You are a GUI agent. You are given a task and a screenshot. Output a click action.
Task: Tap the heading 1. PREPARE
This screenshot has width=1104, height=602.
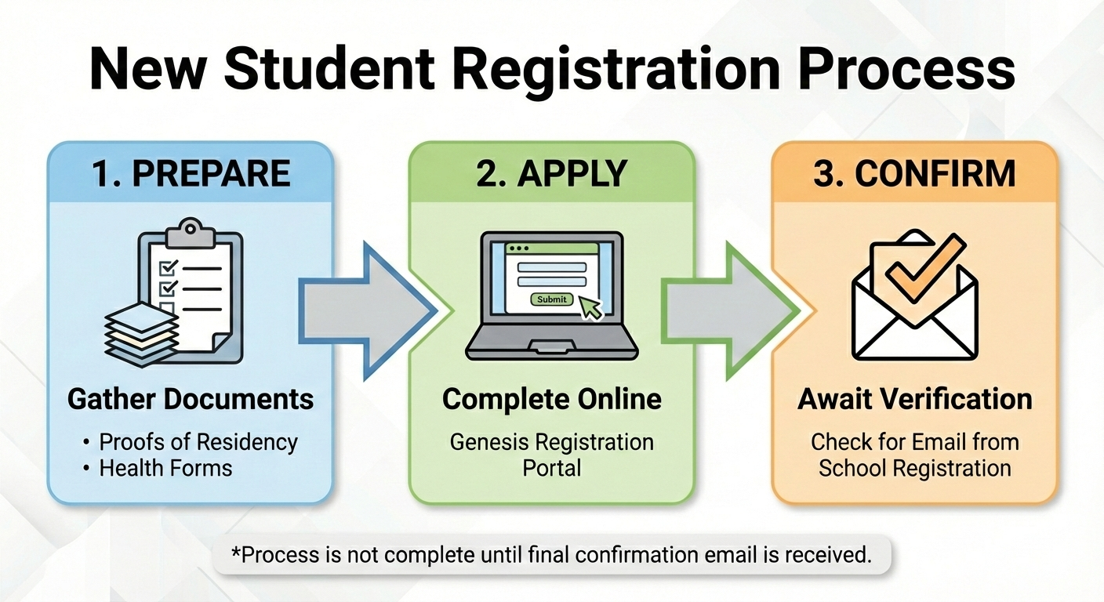[x=191, y=173]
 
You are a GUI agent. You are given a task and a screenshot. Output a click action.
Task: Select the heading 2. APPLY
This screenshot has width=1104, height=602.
[x=551, y=173]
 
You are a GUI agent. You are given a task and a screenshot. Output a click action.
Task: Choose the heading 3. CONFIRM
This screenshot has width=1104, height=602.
[x=914, y=173]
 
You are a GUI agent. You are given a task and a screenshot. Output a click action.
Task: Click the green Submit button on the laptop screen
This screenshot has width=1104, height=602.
[x=553, y=299]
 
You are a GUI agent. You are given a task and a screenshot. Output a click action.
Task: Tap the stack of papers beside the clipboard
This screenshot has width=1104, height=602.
[x=142, y=333]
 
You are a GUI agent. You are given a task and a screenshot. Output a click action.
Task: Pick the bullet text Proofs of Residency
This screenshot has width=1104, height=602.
[x=198, y=442]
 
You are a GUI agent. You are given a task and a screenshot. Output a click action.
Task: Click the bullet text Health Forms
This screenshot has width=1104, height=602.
[x=165, y=469]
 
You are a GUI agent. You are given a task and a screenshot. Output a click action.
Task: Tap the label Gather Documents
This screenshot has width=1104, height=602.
[x=191, y=399]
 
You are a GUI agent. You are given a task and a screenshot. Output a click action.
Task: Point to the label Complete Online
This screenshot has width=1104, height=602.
[x=551, y=399]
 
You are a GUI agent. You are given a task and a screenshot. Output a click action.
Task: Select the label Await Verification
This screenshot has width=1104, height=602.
[x=914, y=399]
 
